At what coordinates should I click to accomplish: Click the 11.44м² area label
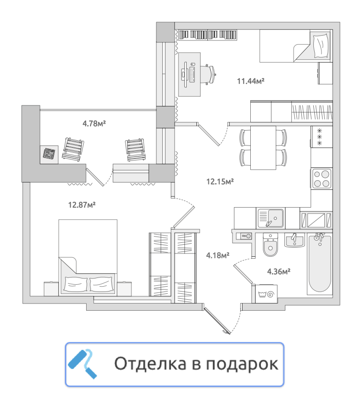(250, 81)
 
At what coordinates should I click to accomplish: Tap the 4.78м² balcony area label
(94, 123)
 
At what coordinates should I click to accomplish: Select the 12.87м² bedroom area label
(82, 205)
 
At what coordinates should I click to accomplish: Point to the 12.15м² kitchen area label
(220, 182)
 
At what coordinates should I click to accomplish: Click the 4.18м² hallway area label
(218, 255)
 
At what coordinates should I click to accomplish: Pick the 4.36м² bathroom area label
(279, 271)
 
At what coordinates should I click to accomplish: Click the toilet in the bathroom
(270, 245)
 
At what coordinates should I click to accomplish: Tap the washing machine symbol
(266, 294)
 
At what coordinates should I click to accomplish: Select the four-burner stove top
(321, 178)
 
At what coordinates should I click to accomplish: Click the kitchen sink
(270, 218)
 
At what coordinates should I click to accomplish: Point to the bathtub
(320, 264)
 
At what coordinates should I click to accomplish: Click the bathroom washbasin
(295, 240)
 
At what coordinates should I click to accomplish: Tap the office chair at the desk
(208, 74)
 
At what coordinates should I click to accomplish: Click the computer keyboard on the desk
(192, 74)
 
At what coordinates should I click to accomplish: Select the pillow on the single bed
(321, 46)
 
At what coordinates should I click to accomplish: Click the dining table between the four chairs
(263, 148)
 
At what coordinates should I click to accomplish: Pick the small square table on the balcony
(49, 155)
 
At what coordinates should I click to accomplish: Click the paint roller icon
(82, 364)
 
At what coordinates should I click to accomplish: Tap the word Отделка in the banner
(150, 364)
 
